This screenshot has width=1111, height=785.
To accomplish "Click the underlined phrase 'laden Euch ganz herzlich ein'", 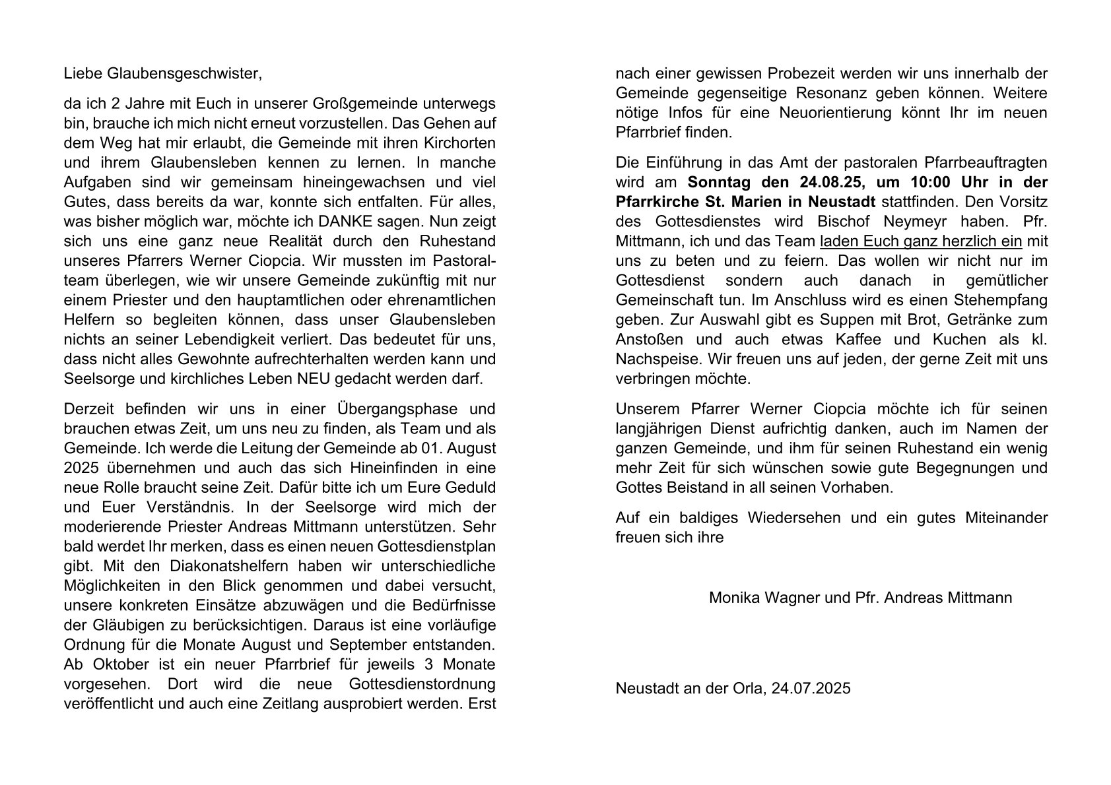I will [x=920, y=241].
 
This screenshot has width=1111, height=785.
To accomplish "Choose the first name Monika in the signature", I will [x=733, y=598].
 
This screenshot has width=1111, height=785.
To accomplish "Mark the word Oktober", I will [x=116, y=664].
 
